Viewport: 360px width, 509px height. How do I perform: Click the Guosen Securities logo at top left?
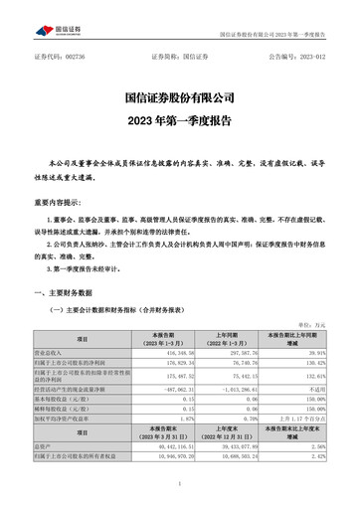[52, 16]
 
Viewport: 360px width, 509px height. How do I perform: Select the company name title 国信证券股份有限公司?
[179, 98]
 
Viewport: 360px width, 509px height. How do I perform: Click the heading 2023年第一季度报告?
[179, 123]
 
